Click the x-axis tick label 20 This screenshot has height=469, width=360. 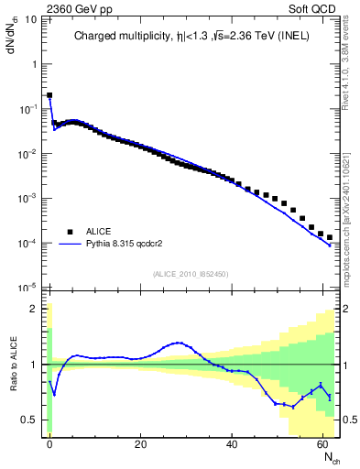click(140, 444)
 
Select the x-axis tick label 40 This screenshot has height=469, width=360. click(232, 444)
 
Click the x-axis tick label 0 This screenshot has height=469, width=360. click(49, 444)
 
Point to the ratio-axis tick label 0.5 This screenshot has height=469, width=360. click(31, 420)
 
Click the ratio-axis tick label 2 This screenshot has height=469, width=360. click(36, 309)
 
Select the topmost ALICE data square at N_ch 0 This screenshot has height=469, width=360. click(49, 94)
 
